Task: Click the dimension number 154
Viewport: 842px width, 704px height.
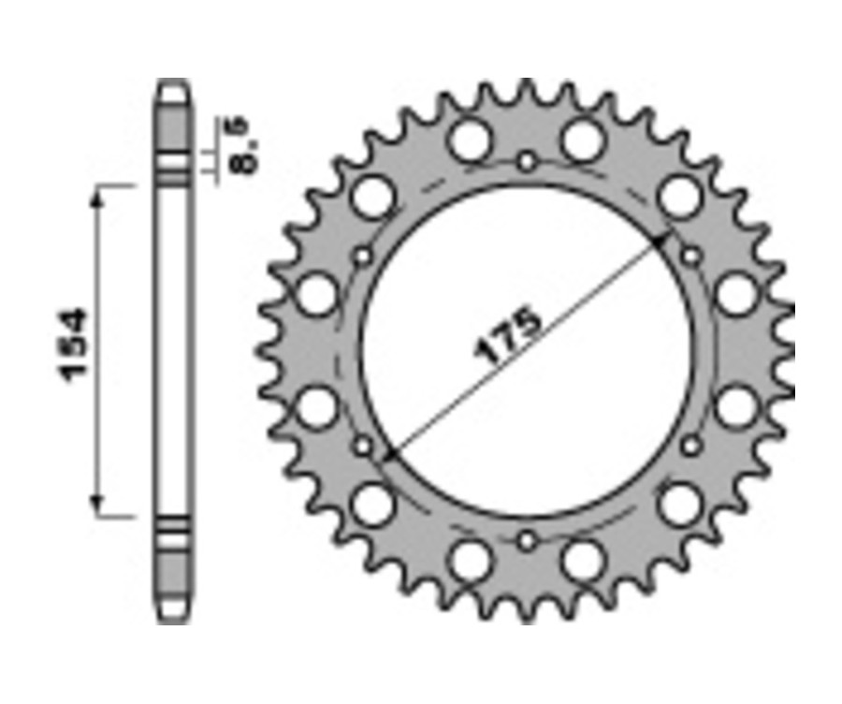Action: [76, 344]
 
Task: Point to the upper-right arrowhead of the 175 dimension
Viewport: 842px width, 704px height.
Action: [662, 242]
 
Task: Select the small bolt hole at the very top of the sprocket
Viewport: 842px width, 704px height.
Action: [527, 161]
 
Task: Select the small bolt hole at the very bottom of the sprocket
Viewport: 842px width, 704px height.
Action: [527, 540]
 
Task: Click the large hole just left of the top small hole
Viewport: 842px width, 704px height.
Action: [469, 140]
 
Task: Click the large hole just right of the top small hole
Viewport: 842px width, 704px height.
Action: [585, 140]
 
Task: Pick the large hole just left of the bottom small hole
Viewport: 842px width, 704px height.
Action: [469, 561]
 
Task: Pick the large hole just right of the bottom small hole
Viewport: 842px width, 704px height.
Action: [585, 561]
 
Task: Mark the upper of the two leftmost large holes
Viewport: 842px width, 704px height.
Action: [318, 294]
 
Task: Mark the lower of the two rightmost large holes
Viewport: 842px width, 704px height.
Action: [736, 408]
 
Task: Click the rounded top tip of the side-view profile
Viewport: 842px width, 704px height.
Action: [171, 88]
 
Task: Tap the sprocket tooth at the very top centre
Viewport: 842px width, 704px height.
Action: [527, 92]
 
